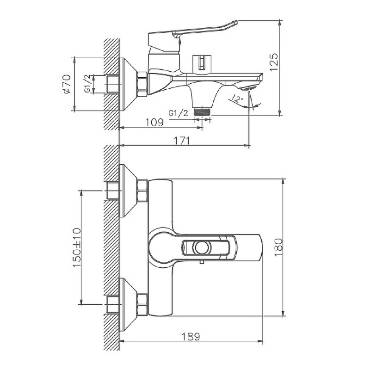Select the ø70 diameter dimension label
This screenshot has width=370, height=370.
tap(66, 84)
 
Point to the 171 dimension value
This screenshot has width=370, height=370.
tap(182, 141)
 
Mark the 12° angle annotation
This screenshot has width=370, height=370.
tap(237, 99)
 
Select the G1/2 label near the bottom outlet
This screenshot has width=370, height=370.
tap(178, 113)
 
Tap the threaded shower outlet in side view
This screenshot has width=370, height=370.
tap(202, 111)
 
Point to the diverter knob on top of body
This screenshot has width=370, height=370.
tap(202, 63)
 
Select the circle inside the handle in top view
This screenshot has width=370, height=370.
tap(202, 247)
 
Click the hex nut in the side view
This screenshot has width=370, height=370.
tap(142, 84)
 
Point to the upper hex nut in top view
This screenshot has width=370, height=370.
tap(142, 191)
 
